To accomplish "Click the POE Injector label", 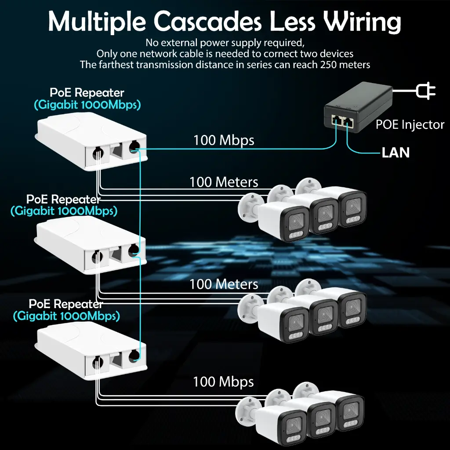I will [410, 125].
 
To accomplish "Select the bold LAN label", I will [395, 152].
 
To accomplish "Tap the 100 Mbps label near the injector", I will [224, 140].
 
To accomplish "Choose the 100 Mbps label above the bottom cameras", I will [223, 381].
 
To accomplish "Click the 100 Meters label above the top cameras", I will [224, 181].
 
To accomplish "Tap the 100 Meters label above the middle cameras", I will [224, 284].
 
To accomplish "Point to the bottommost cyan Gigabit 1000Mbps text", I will [66, 316].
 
